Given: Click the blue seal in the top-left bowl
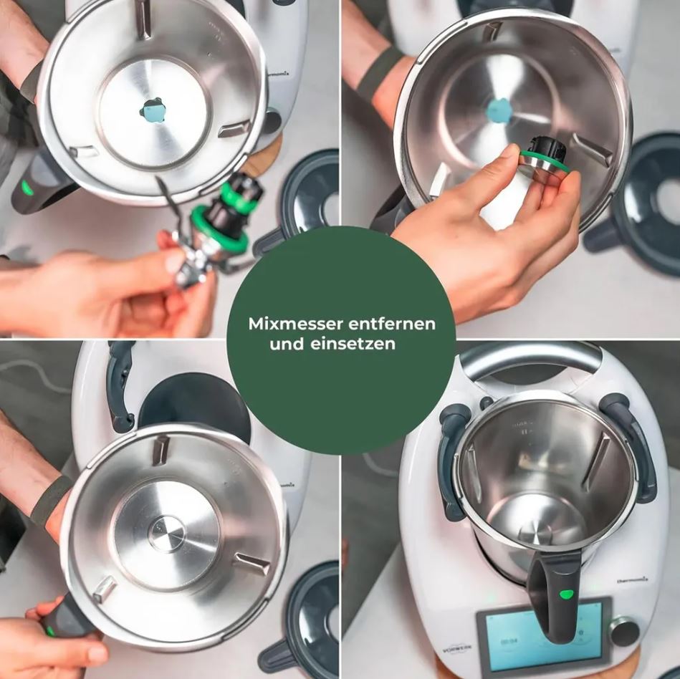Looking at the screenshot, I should [x=153, y=111].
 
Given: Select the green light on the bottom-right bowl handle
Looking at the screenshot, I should [x=566, y=594].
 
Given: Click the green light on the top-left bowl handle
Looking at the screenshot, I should [x=27, y=188].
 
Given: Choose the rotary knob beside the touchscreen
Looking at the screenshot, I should [x=624, y=632].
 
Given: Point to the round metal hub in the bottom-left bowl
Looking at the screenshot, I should [x=166, y=533].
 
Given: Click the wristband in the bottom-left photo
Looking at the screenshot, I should [x=50, y=501].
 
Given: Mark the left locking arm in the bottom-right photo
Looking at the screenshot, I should [x=452, y=458].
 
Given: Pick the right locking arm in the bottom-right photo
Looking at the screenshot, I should [x=631, y=444].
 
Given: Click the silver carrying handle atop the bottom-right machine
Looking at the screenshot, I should [x=530, y=358].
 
